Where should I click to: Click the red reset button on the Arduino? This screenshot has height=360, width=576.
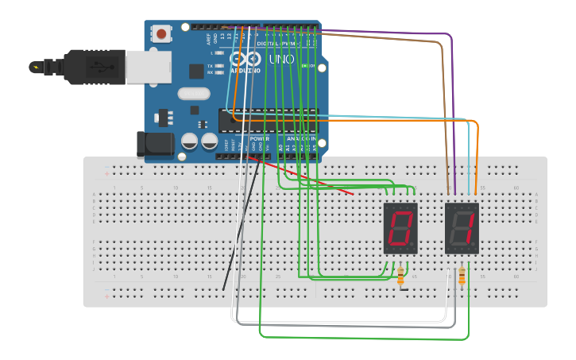pos(162,33)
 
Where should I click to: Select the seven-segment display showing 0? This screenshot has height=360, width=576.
pos(400,228)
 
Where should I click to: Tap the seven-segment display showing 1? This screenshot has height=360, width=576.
pos(462,228)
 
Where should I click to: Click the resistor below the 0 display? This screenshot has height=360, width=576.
pos(400,277)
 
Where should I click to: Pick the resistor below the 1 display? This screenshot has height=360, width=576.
pos(462,276)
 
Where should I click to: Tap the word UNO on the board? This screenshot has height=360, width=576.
pos(281,60)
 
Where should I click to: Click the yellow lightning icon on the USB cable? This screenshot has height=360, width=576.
pos(37,66)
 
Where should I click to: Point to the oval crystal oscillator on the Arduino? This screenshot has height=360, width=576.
pos(194,94)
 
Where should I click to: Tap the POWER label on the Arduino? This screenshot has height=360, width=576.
pos(260,137)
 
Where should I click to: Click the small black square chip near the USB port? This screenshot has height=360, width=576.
pos(196,71)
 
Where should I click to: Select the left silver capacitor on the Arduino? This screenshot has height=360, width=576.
pos(190,141)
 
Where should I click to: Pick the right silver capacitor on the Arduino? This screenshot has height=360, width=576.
pos(209,141)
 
